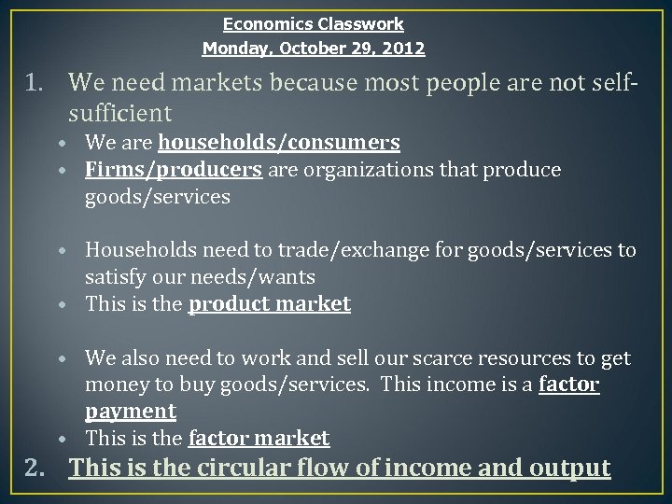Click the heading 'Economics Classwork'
(x=313, y=23)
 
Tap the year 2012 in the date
(x=404, y=47)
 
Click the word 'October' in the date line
(x=305, y=47)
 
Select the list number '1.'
(x=38, y=87)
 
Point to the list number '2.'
(x=38, y=468)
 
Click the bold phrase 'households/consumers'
(x=280, y=143)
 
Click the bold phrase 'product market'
(x=270, y=303)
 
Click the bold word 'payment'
(x=130, y=411)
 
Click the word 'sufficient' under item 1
(x=119, y=114)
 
